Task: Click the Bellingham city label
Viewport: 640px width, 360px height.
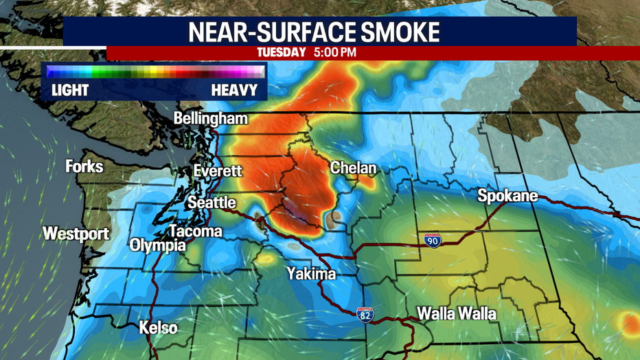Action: (x=210, y=119)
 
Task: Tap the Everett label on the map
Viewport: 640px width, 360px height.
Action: (x=217, y=170)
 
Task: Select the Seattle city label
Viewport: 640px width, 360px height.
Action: (x=212, y=203)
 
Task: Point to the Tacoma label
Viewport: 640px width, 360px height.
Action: (x=196, y=232)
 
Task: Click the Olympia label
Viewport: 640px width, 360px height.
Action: (x=157, y=245)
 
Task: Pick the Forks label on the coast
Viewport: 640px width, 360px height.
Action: (x=84, y=166)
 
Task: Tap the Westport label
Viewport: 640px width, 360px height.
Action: (x=76, y=234)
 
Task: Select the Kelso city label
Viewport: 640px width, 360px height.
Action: (x=158, y=328)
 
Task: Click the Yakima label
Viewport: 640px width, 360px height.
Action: (x=311, y=274)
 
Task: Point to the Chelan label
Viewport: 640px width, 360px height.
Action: (x=354, y=168)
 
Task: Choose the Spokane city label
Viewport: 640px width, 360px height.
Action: (x=507, y=197)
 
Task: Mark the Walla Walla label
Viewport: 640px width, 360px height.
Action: (x=457, y=314)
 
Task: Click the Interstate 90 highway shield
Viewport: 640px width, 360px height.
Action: (x=431, y=240)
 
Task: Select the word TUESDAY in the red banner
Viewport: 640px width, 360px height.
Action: (x=281, y=52)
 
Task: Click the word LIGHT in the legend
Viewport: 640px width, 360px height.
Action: (x=70, y=90)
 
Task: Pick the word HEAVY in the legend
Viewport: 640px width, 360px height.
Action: (x=234, y=90)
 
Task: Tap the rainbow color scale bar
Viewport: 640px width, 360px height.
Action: (x=155, y=71)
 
